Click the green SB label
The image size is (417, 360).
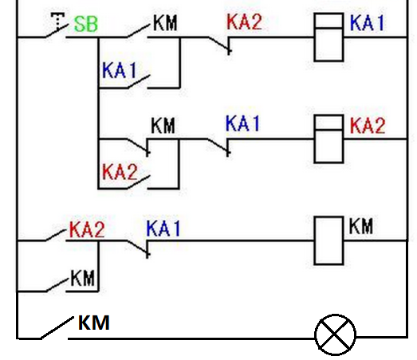point(86,24)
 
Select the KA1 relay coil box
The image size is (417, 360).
point(328,37)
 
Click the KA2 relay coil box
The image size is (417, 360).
point(328,139)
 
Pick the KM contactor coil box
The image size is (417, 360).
point(328,241)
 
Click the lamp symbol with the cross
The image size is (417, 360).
point(335,335)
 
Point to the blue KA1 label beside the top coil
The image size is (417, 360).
point(367,23)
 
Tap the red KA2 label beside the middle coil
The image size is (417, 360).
point(368,125)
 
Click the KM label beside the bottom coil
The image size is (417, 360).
point(360,226)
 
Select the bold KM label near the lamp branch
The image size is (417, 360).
point(93,323)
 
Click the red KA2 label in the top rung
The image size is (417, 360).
point(244,22)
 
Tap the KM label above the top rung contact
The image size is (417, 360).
point(165,23)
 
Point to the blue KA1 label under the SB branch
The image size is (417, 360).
point(119,70)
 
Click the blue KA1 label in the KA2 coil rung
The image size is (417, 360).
point(242,123)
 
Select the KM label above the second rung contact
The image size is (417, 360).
point(163,125)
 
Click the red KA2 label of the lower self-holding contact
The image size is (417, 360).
point(120,171)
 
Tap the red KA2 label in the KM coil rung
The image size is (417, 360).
point(87,229)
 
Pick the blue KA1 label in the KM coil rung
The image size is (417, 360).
point(163,229)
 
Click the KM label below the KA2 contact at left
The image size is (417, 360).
point(82,278)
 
